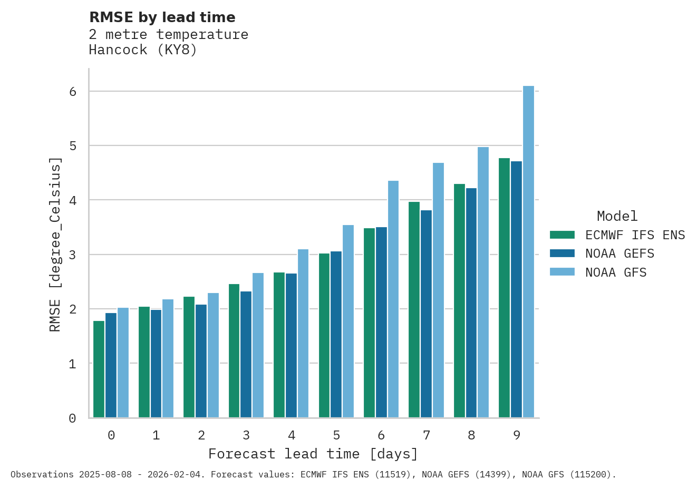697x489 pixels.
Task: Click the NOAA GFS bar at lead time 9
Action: tap(528, 252)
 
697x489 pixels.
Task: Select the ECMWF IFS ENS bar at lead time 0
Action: tap(99, 369)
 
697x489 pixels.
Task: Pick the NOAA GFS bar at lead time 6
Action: tap(393, 299)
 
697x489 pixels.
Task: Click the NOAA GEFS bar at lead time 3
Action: tap(246, 354)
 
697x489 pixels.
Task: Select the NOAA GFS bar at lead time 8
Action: tap(483, 282)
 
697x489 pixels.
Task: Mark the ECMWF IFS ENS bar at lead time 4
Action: tap(279, 345)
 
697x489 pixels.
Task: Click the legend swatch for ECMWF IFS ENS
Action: tap(562, 235)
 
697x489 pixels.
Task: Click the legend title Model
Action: tap(617, 216)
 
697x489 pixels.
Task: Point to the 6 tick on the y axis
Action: tap(73, 92)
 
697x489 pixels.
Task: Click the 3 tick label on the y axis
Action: tap(73, 255)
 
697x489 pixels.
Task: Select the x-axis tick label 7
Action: tap(426, 435)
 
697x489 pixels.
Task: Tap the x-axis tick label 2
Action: tap(201, 435)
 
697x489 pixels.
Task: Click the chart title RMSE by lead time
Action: tap(162, 17)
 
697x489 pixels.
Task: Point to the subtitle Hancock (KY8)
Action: tap(143, 50)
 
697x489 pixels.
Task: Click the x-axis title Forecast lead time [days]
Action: tap(313, 454)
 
